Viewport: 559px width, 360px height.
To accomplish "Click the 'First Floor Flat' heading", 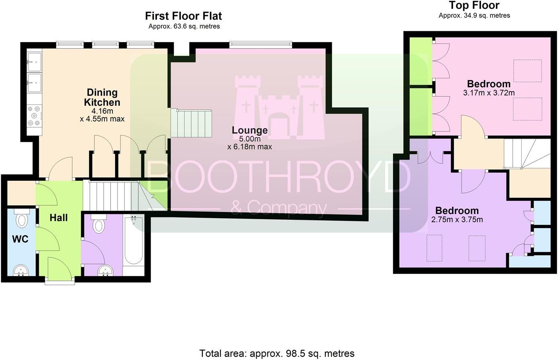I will tap(183, 16).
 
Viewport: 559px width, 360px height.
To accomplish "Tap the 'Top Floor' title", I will tap(474, 6).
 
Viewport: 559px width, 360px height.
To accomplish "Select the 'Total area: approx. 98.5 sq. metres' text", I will tap(277, 353).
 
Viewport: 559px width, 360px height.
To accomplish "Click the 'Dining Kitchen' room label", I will tap(102, 98).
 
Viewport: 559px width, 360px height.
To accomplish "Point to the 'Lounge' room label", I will tap(249, 130).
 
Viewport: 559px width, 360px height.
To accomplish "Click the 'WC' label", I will tap(20, 239).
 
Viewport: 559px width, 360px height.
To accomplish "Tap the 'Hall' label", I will tap(59, 218).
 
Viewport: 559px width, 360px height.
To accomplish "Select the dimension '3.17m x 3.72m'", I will tap(489, 93).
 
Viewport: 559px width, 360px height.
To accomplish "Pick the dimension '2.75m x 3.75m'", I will tap(457, 219).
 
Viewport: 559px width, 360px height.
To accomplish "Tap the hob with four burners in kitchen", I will tap(34, 116).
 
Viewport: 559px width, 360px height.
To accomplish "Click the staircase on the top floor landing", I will tap(526, 153).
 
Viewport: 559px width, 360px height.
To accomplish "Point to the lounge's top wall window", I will tap(260, 45).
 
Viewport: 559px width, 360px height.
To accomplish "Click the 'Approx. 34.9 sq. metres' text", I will tap(474, 16).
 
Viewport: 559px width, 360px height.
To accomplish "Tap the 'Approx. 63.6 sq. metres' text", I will tap(184, 27).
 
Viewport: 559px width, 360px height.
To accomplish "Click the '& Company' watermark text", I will tap(279, 209).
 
